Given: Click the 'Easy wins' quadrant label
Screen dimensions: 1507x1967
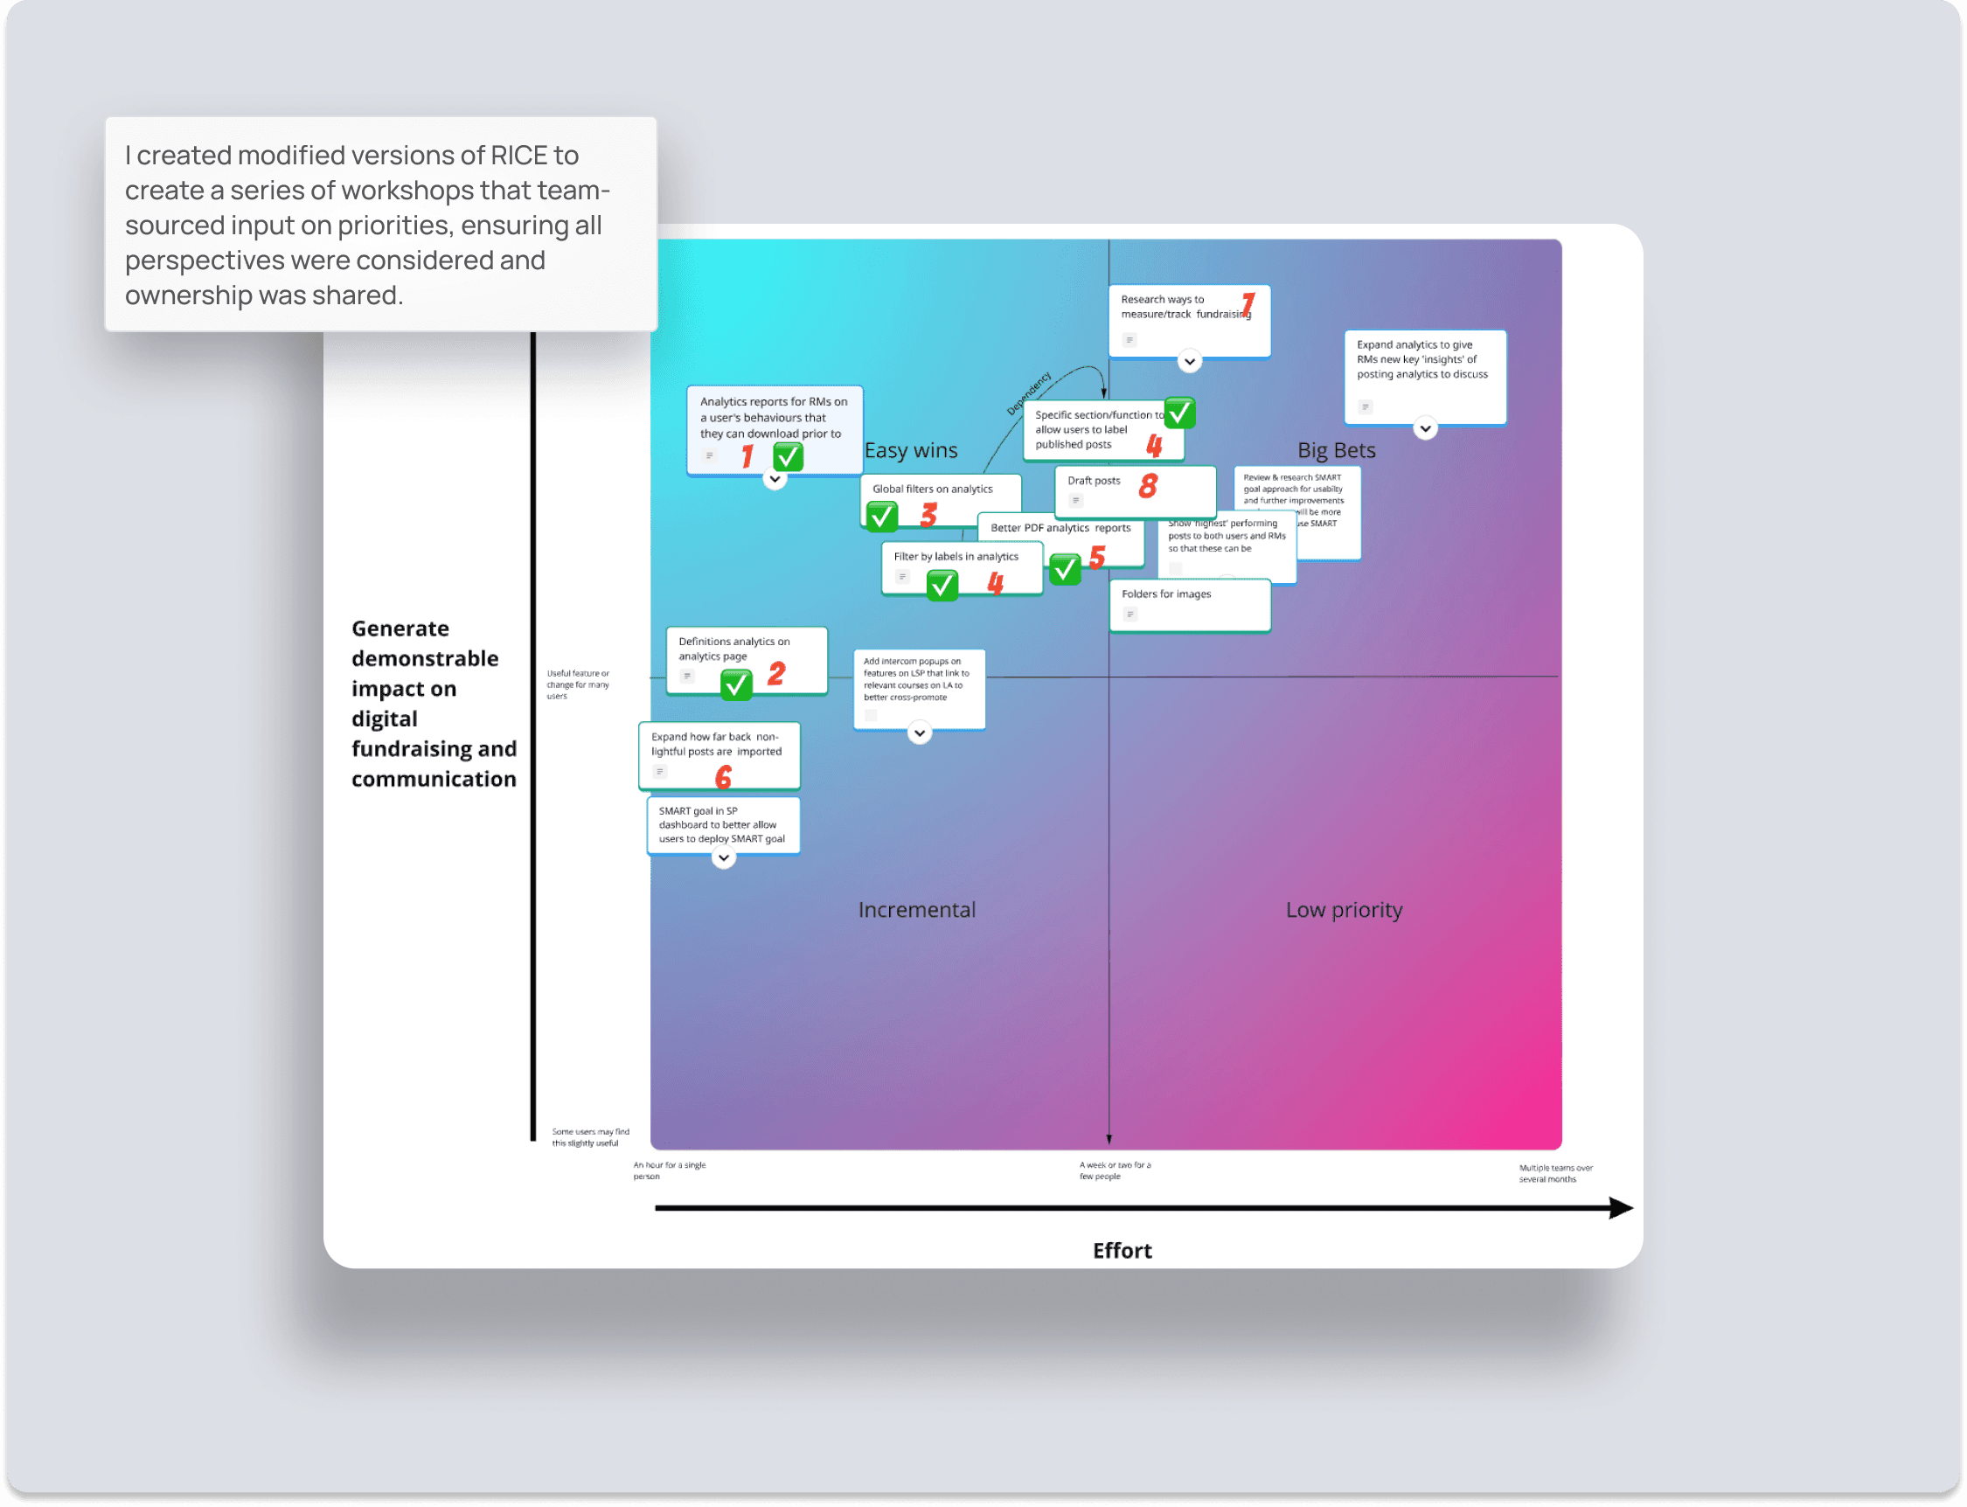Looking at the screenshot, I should click(x=910, y=450).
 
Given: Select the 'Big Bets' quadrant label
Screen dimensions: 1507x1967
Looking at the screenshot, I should click(x=1336, y=450).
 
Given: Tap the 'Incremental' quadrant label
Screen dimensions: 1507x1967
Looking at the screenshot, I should click(x=916, y=910).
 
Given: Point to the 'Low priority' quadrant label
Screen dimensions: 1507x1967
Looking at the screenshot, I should click(x=1344, y=910).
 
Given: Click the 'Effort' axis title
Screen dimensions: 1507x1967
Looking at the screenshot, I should click(x=1121, y=1251).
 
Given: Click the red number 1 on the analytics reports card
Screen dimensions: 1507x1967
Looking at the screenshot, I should click(x=747, y=456).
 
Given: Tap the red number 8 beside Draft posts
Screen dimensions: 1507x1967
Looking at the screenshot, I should click(x=1147, y=486).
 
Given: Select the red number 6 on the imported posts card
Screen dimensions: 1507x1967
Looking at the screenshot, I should click(x=723, y=777).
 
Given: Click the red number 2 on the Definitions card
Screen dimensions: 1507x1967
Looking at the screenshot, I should click(x=775, y=674).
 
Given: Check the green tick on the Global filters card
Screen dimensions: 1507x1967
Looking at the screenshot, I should click(x=882, y=516).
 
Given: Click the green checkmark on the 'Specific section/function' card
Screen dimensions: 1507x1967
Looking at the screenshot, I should click(x=1179, y=413).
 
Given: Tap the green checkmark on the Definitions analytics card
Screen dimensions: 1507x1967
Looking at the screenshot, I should click(x=735, y=685).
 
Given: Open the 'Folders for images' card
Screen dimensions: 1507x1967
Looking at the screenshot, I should click(x=1188, y=605).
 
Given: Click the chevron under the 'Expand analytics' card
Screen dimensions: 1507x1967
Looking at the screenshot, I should click(x=1424, y=429).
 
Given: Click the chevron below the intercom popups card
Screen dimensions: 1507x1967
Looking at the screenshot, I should click(x=920, y=733).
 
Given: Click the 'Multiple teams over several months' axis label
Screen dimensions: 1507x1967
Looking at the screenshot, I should click(x=1555, y=1173).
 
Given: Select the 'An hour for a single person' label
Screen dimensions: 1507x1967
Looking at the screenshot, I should click(x=669, y=1170).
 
